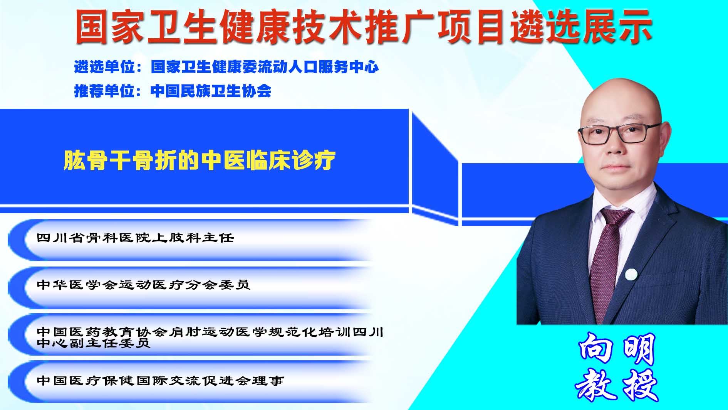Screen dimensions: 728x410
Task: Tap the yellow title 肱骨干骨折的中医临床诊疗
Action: [200, 160]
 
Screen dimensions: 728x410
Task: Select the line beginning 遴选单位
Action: [226, 67]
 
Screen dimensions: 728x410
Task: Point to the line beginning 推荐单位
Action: [173, 91]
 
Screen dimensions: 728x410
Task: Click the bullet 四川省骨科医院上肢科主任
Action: [136, 238]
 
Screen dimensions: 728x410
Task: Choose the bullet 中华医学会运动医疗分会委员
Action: [144, 285]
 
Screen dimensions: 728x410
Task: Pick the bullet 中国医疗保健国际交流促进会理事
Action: [161, 380]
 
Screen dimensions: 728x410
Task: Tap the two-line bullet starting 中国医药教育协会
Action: [210, 337]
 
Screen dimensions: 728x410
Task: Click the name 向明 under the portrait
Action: [617, 349]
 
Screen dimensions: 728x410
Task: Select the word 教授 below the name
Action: [617, 385]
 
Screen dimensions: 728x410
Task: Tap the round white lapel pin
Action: [631, 275]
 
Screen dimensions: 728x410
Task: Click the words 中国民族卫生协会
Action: [211, 91]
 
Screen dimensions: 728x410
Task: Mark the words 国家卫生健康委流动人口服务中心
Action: [265, 67]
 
